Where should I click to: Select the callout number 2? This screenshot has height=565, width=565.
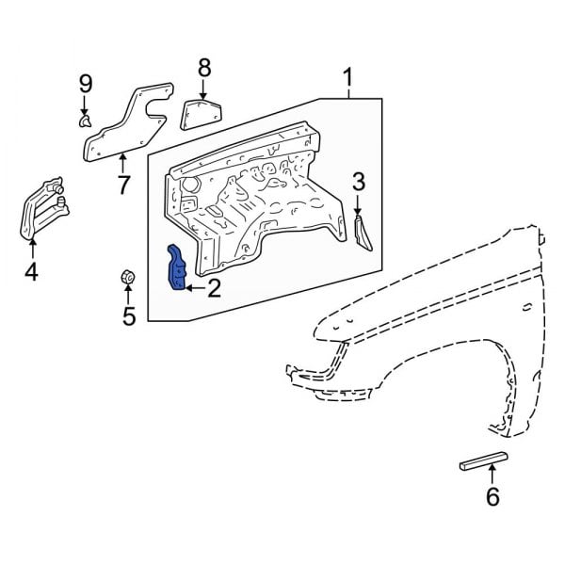214,287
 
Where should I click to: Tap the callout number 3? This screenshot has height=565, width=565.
358,181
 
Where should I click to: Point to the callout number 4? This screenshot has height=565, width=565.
31,272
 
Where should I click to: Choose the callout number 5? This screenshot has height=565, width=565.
128,315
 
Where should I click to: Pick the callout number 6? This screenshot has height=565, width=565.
492,497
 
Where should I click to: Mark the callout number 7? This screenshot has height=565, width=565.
123,185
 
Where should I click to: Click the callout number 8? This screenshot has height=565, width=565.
204,68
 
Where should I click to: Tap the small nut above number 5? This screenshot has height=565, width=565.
126,278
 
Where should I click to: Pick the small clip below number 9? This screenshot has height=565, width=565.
85,121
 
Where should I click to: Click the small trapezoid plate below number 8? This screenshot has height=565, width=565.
200,113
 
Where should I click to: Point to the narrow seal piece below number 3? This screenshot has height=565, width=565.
363,232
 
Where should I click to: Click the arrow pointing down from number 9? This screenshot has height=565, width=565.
85,103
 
